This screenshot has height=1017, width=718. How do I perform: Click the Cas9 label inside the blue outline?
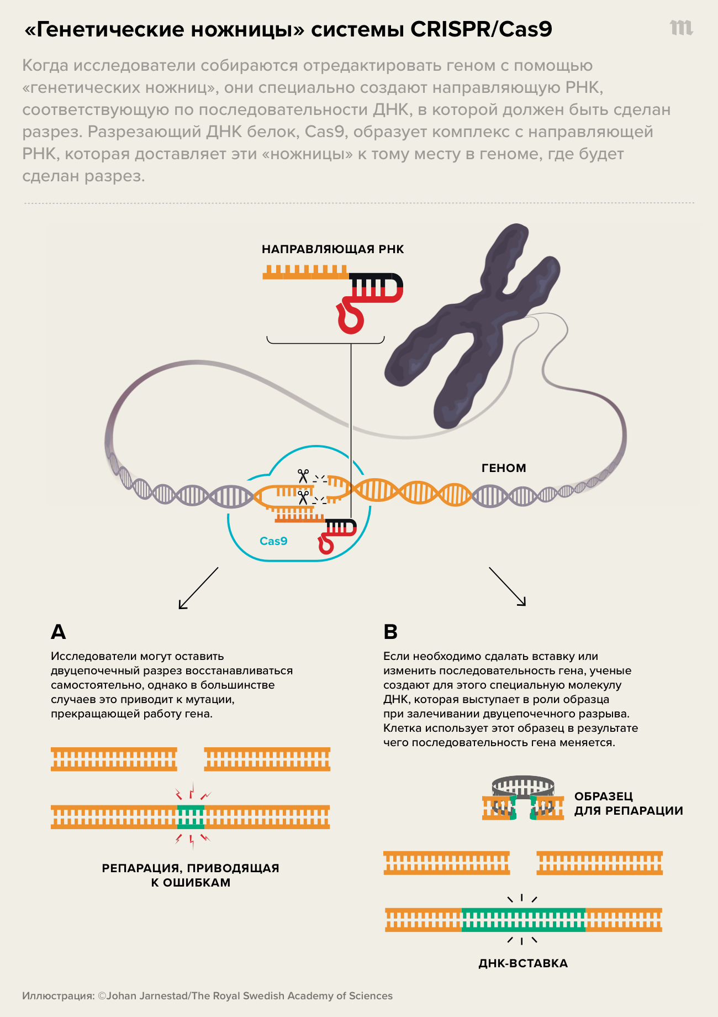click(x=273, y=541)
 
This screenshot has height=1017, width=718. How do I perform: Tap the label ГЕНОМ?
click(x=504, y=468)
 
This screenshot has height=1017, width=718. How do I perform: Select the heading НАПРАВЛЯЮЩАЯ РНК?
click(x=332, y=249)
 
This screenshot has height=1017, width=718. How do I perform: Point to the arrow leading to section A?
click(x=198, y=588)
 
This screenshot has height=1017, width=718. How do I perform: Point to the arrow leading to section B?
click(x=508, y=587)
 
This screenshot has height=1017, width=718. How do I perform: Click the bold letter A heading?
click(x=58, y=632)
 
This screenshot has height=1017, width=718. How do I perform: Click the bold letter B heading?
click(x=390, y=632)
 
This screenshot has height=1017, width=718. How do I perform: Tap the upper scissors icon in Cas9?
click(x=303, y=475)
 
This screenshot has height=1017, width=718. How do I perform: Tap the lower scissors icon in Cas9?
click(x=303, y=497)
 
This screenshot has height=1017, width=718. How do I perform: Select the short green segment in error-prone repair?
click(x=191, y=816)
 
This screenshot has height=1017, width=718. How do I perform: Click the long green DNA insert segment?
click(x=523, y=920)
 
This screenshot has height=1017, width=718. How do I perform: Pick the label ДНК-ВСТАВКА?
click(x=523, y=963)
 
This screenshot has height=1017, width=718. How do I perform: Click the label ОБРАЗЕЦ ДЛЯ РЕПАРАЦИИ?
click(x=629, y=804)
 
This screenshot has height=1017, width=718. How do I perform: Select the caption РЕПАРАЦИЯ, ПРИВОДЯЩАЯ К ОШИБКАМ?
click(x=191, y=875)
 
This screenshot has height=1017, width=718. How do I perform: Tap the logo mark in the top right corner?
click(x=681, y=28)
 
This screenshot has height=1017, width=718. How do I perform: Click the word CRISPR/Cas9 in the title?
click(x=481, y=29)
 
